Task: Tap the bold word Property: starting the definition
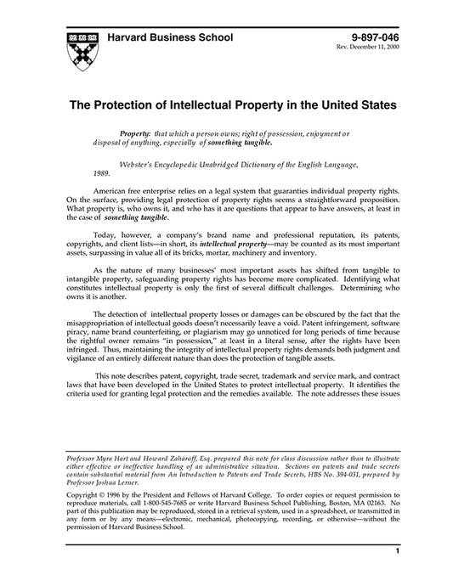(135, 135)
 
